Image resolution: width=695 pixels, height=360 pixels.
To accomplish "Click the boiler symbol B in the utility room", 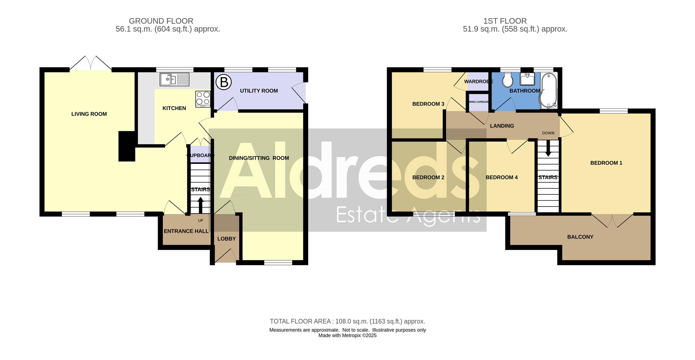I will click(x=223, y=82).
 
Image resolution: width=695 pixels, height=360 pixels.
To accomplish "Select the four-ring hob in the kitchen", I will click(x=203, y=98).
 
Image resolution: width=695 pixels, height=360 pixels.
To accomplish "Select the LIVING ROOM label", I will click(x=89, y=114).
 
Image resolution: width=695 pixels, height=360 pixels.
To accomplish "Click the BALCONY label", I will click(x=580, y=237).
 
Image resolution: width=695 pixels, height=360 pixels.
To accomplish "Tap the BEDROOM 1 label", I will click(x=606, y=163).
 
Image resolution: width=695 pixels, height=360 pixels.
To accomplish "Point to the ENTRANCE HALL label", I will click(x=186, y=231).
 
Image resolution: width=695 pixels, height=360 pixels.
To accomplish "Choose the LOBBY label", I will click(x=226, y=239).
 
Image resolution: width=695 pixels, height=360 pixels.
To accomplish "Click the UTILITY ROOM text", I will click(x=259, y=91).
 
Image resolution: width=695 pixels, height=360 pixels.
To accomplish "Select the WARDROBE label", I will click(x=478, y=81).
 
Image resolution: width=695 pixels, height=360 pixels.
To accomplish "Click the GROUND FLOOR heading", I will click(x=161, y=21).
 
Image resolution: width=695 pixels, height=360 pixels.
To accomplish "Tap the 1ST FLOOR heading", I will click(x=505, y=21).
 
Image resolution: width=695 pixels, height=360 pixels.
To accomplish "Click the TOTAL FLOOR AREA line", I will click(x=347, y=321).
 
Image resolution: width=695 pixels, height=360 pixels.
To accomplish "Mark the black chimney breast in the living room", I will click(x=127, y=146).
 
